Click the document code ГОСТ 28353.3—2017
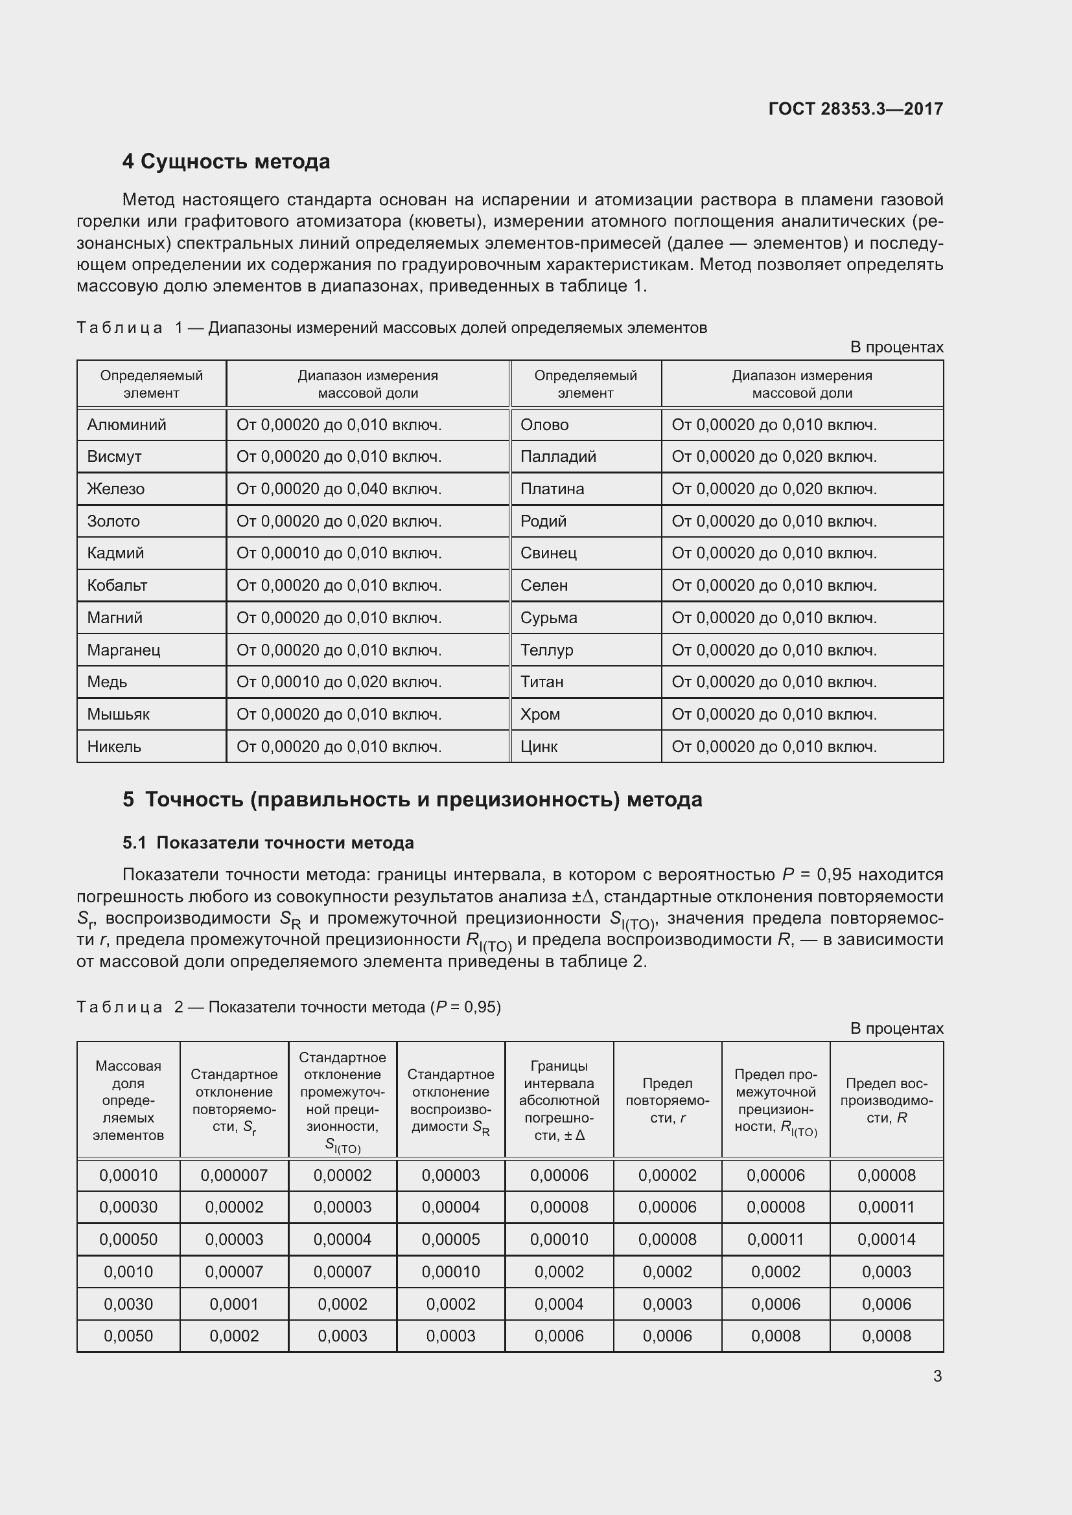tap(855, 109)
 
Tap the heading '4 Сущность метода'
tap(226, 162)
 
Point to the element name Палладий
tap(558, 457)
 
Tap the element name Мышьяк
tap(119, 714)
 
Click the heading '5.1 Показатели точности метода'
tap(268, 843)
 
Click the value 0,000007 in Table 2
tap(234, 1175)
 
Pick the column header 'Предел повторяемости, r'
tap(667, 1100)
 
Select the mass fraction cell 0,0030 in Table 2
tap(128, 1304)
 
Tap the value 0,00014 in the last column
tap(886, 1239)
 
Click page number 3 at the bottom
tap(937, 1376)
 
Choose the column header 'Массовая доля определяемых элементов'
tap(128, 1100)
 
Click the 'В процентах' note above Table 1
tap(896, 347)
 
